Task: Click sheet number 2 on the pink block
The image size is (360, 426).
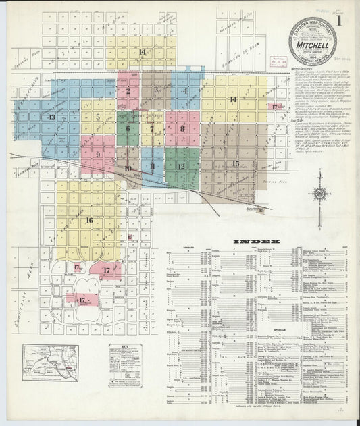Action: point(128,90)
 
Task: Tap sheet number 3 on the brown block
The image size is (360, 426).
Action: point(156,90)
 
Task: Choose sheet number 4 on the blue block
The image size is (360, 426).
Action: point(184,90)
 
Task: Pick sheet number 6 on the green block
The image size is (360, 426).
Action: point(127,128)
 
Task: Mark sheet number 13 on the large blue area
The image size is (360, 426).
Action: point(52,117)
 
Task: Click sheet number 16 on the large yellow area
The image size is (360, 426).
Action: point(88,220)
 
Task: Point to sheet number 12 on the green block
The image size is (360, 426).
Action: point(181,166)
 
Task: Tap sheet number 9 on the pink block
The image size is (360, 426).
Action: point(99,154)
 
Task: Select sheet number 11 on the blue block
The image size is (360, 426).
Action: point(153,166)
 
